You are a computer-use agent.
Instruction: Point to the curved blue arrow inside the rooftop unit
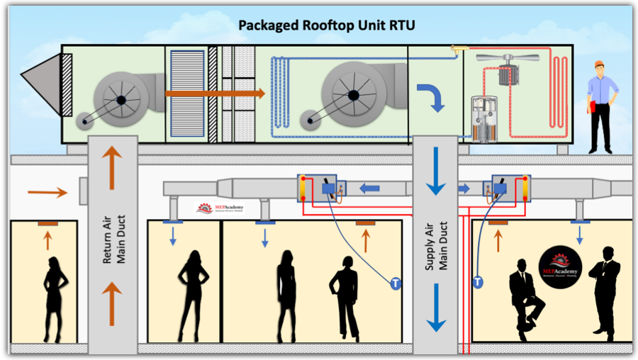[429, 96]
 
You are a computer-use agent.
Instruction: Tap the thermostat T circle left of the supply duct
[395, 284]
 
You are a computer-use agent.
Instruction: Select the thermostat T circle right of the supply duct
[478, 282]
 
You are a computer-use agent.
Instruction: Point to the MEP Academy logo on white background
[218, 208]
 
